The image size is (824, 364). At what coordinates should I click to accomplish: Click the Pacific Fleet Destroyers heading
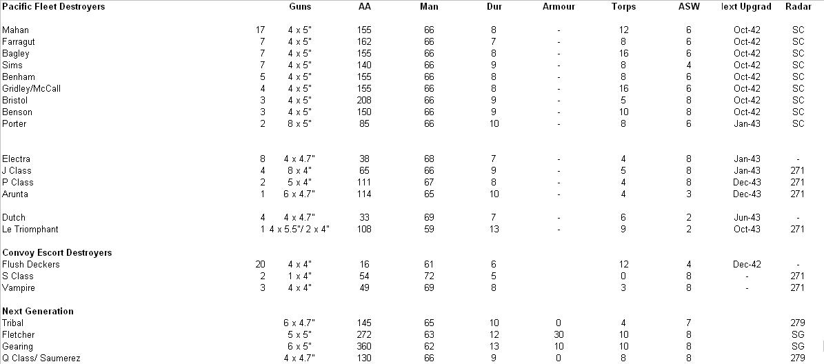tap(53, 7)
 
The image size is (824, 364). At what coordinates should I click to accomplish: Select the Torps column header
tap(623, 7)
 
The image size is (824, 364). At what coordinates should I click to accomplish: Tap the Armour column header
tap(559, 7)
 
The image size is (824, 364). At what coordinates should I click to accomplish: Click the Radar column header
tap(798, 7)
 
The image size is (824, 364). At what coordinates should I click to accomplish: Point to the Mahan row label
tap(16, 30)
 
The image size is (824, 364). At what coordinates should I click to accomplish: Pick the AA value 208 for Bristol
tap(364, 101)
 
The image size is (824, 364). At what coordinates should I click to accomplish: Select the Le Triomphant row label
tap(30, 230)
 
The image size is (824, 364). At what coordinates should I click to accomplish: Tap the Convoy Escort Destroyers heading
tap(57, 253)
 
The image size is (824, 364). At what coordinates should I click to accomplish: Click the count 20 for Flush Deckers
tap(259, 265)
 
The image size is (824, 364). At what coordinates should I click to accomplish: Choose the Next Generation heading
tap(38, 312)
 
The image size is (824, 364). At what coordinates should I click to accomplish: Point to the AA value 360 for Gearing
tap(364, 347)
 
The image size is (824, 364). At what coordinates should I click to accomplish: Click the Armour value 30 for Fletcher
tap(559, 335)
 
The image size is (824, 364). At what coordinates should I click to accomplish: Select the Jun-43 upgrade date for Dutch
tap(747, 218)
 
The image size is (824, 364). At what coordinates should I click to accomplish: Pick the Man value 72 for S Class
tap(429, 276)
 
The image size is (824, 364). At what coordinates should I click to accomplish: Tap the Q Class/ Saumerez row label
tap(41, 358)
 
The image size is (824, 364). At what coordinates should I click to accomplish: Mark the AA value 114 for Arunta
tap(364, 194)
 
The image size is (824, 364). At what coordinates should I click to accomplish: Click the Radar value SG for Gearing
tap(798, 347)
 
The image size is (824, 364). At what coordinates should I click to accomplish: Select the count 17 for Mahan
tap(259, 30)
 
